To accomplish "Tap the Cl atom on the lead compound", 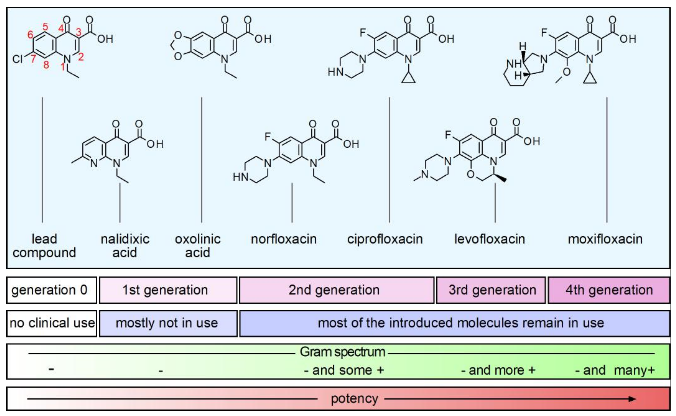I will click(17, 59).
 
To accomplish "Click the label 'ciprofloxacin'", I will click(385, 239).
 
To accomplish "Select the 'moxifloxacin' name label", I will click(605, 239).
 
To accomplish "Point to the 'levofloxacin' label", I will click(490, 239).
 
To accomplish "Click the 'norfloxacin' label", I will click(284, 239).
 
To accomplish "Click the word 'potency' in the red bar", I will click(354, 399).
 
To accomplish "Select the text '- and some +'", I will click(344, 370).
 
